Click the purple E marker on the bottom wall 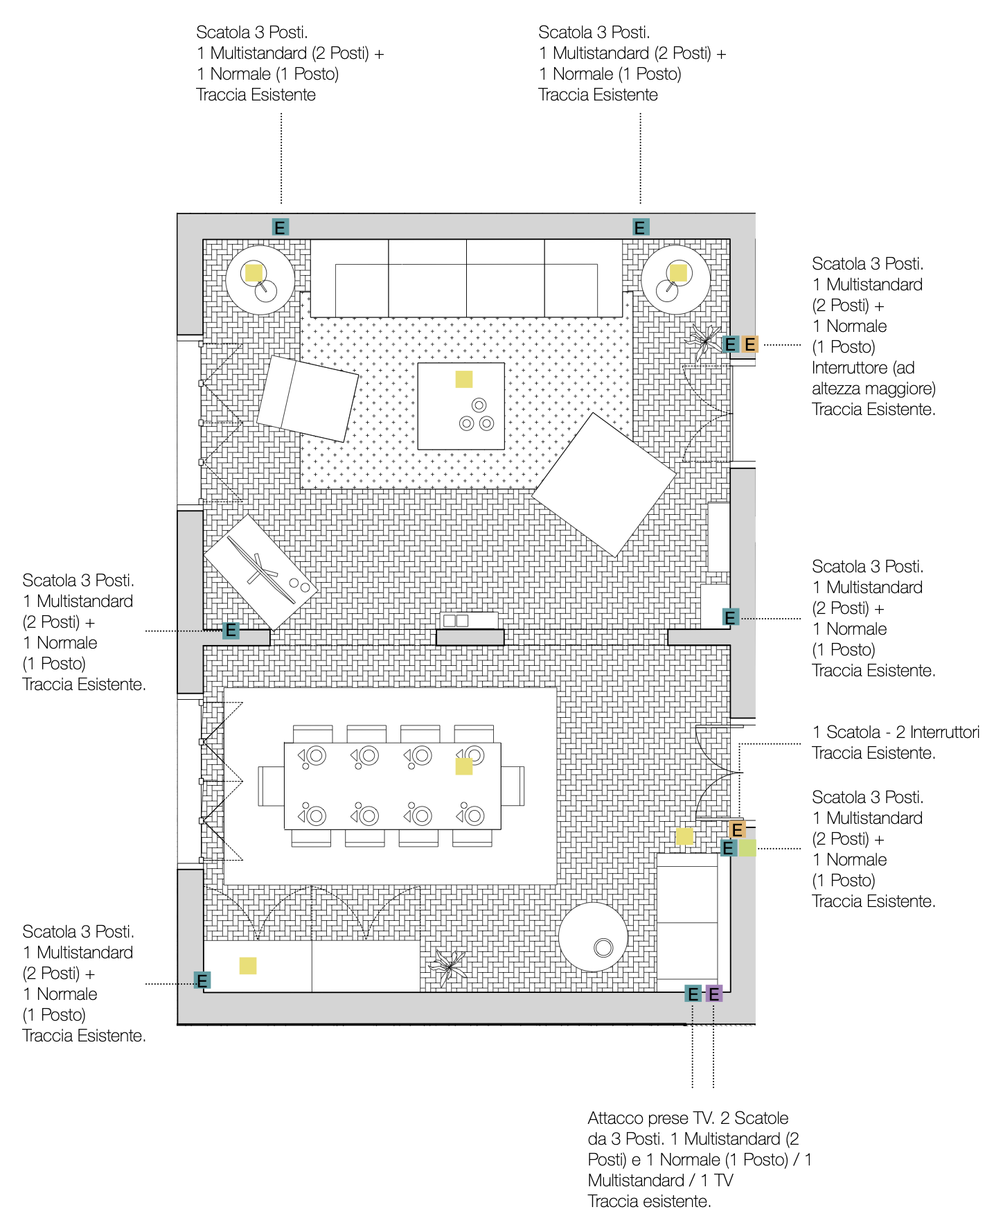click(x=714, y=994)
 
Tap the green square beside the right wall click(x=747, y=847)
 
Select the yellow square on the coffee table click(x=464, y=379)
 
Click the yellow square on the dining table click(x=464, y=766)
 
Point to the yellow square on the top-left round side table click(x=254, y=272)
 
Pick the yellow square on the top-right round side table click(x=678, y=272)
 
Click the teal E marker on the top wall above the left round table click(x=280, y=227)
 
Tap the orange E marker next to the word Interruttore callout click(x=750, y=344)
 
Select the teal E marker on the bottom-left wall click(x=202, y=980)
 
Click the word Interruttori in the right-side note click(x=945, y=732)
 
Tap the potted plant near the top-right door click(x=704, y=340)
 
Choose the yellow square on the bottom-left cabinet click(x=248, y=965)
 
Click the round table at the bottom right click(x=593, y=937)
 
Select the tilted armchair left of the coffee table click(x=308, y=398)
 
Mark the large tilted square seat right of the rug click(x=604, y=485)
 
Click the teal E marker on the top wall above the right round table click(x=641, y=227)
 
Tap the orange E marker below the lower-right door click(x=737, y=829)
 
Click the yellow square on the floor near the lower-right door click(x=684, y=836)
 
